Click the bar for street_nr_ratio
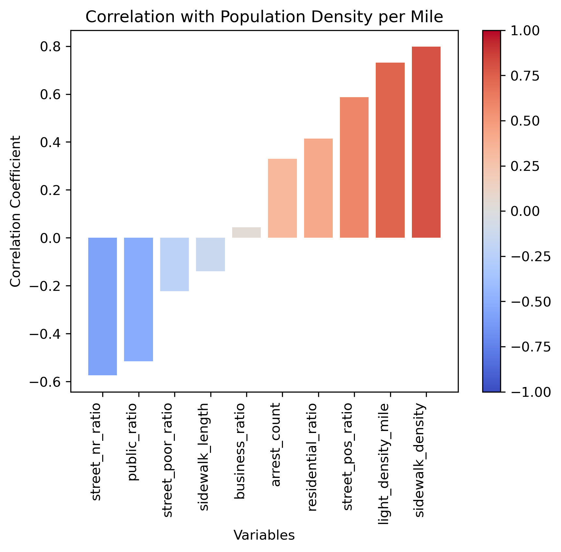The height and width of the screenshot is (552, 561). (103, 306)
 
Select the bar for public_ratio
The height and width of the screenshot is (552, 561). (139, 299)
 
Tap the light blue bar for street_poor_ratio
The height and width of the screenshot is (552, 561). (175, 264)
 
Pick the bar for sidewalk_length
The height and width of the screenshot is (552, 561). (210, 254)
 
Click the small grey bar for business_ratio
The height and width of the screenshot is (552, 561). (246, 232)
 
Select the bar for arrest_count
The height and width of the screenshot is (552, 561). (282, 198)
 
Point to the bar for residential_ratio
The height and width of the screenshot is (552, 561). (318, 188)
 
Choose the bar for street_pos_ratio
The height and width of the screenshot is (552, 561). (354, 167)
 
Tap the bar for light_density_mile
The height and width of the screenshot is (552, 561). (390, 150)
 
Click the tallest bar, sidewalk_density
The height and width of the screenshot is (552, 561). (426, 142)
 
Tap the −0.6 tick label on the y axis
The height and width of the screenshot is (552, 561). (46, 382)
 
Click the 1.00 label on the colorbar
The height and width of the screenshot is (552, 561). (525, 31)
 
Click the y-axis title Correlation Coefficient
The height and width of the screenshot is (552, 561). (15, 211)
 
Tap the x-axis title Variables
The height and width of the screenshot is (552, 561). (264, 535)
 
